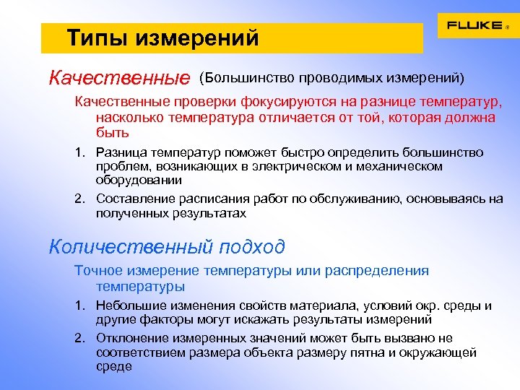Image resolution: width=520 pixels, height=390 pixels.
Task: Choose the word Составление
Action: point(133,199)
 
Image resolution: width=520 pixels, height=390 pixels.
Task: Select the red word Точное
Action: point(100,271)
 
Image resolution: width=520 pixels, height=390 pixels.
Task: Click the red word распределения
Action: point(376,271)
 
